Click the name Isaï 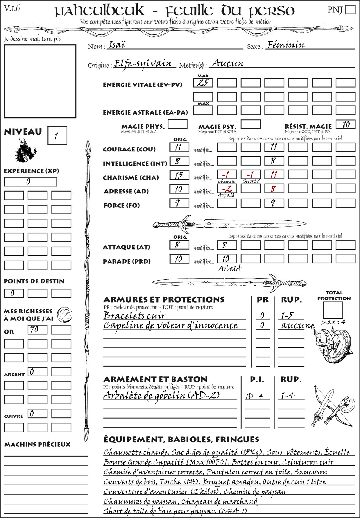[x=117, y=45]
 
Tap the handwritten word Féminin [x=285, y=45]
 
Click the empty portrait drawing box [x=40, y=81]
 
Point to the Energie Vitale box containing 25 [x=203, y=83]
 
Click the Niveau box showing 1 [x=57, y=135]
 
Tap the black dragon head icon [x=26, y=151]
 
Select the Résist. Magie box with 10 [x=345, y=124]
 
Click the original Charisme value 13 [x=179, y=175]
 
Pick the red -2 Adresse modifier [x=227, y=188]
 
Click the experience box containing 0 [x=30, y=182]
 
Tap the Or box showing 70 [x=37, y=330]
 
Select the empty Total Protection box [x=333, y=310]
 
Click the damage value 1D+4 [x=255, y=396]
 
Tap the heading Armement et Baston [x=155, y=379]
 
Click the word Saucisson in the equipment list [x=310, y=472]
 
